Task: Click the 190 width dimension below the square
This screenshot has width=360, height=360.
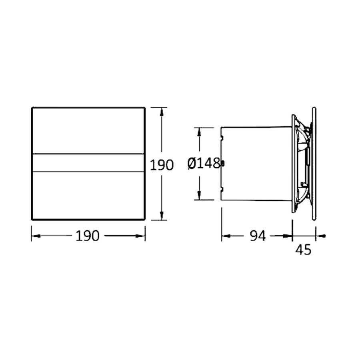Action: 88,236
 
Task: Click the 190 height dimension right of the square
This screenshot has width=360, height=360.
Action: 162,165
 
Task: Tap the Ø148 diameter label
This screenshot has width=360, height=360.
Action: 203,163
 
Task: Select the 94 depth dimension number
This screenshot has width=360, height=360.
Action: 258,236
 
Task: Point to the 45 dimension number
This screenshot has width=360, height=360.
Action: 303,250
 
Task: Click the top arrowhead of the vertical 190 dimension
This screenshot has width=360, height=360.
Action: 161,111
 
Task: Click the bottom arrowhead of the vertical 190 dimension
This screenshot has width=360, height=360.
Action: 161,216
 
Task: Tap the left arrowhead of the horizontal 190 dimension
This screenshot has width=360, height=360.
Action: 35,236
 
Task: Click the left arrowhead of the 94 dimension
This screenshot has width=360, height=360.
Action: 226,236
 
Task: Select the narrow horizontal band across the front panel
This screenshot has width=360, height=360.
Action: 88,163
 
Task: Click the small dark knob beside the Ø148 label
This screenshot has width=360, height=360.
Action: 223,163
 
